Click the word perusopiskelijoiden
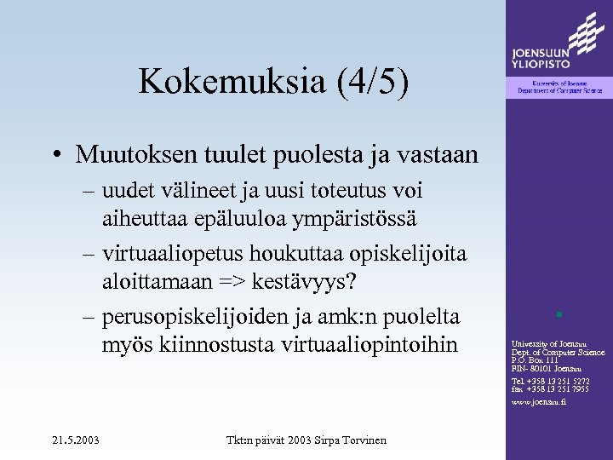[x=198, y=317]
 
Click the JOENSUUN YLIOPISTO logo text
[x=541, y=58]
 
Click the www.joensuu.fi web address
[x=538, y=400]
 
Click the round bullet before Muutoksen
[x=56, y=155]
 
